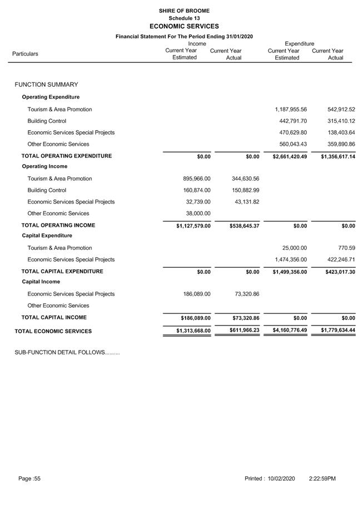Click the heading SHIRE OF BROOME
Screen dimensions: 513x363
184,11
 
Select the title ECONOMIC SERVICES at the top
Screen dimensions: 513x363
184,26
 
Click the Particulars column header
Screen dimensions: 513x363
25,54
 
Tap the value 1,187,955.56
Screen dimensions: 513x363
291,110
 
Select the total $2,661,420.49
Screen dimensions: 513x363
290,157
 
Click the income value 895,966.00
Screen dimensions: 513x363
197,179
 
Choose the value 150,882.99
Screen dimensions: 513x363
245,190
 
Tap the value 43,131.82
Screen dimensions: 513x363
247,202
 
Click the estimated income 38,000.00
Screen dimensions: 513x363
198,214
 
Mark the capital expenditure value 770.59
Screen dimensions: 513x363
345,248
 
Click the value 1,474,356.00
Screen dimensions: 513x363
291,260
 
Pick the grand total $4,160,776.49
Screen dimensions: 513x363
290,331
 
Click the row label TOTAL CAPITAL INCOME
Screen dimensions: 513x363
54,318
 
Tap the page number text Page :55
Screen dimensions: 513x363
29,479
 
